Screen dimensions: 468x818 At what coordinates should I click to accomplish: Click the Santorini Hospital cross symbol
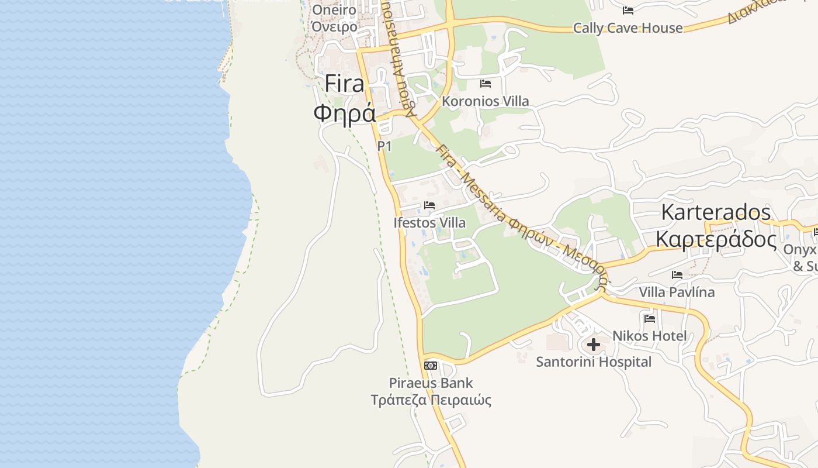[x=594, y=345]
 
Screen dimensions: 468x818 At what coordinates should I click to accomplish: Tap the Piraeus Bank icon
[x=431, y=366]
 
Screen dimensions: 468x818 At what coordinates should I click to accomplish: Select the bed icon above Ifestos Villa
[x=429, y=205]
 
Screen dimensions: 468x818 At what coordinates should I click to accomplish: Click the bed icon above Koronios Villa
[x=486, y=84]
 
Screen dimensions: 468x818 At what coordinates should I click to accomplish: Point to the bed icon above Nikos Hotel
[x=650, y=319]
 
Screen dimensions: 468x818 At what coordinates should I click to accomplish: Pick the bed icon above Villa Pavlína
[x=677, y=274]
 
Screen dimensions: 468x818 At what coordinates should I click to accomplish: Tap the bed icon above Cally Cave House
[x=628, y=11]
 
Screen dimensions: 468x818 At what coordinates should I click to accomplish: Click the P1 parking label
[x=384, y=146]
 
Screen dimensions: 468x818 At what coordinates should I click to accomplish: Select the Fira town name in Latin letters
[x=345, y=84]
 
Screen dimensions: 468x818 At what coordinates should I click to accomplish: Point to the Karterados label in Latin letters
[x=716, y=212]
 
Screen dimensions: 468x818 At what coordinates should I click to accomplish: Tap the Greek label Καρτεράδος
[x=716, y=240]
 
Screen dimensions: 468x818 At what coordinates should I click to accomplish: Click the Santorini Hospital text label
[x=594, y=362]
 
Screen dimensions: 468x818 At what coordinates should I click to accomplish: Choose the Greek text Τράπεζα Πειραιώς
[x=431, y=400]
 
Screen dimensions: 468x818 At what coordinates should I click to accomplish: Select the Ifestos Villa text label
[x=429, y=223]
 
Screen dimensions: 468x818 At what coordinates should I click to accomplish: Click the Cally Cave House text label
[x=628, y=28]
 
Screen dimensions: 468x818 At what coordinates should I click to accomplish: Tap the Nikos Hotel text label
[x=649, y=336]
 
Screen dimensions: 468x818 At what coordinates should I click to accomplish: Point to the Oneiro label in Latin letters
[x=334, y=10]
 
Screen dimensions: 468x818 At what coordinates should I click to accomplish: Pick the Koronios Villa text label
[x=486, y=101]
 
